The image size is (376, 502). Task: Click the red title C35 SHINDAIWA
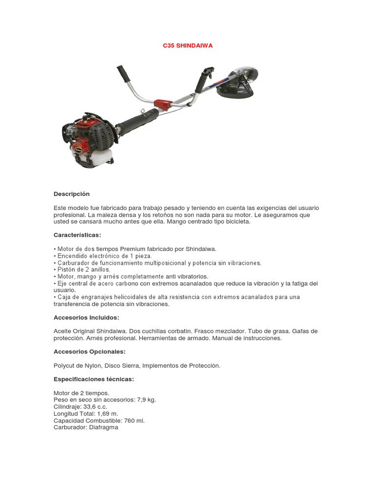pyautogui.click(x=188, y=46)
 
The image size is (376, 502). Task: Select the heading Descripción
pyautogui.click(x=71, y=194)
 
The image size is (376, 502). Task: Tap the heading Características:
pyautogui.click(x=77, y=235)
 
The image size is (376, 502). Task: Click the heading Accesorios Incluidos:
pyautogui.click(x=86, y=318)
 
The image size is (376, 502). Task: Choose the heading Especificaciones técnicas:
pyautogui.click(x=94, y=379)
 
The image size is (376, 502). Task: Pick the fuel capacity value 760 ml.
pyautogui.click(x=134, y=420)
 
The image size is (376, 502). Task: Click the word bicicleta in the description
pyautogui.click(x=237, y=222)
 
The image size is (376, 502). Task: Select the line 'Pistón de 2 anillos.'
pyautogui.click(x=82, y=270)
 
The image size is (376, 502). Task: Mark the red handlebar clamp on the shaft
pyautogui.click(x=162, y=104)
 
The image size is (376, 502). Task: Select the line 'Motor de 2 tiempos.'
pyautogui.click(x=81, y=393)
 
